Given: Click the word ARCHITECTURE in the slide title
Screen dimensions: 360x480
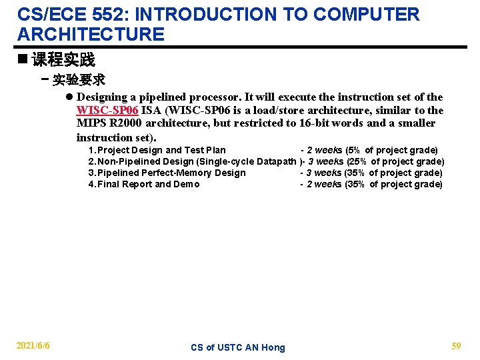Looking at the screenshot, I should pos(91,35).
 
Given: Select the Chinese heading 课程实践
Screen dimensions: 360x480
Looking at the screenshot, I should pos(63,60).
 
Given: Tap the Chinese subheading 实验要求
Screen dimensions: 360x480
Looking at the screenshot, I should pos(79,80).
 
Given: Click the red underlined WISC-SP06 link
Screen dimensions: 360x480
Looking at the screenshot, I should pos(107,110).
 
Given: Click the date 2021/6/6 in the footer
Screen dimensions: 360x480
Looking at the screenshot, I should pos(33,345).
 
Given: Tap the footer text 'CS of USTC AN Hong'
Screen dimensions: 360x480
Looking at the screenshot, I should pos(237,347).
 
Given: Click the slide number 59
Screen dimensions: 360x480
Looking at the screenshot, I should pos(456,345).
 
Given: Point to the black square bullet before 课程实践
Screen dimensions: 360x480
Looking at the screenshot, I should pos(23,59).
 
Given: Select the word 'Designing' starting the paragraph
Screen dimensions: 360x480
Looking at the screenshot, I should pos(101,97).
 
